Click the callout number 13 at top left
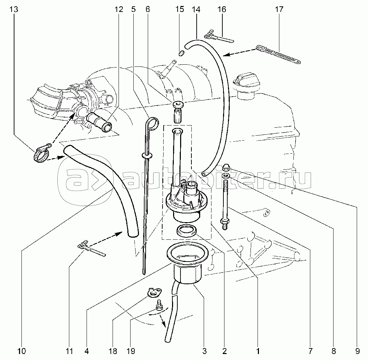[14, 9]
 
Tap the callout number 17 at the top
[279, 9]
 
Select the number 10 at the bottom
[21, 351]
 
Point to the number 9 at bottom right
[357, 351]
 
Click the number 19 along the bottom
[131, 351]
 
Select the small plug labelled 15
[182, 54]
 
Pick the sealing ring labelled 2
[186, 231]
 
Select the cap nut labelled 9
[227, 167]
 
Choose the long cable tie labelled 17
[278, 54]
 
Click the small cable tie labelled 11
[91, 249]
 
